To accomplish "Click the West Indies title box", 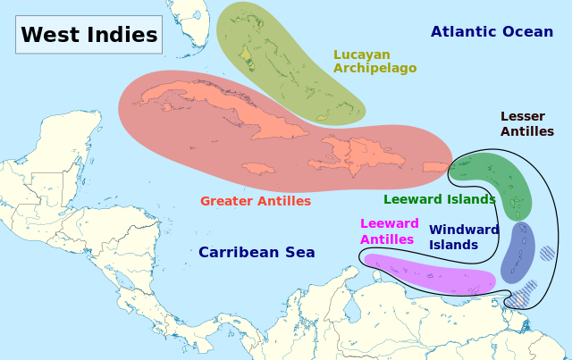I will pyautogui.click(x=88, y=35).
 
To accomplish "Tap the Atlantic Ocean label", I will pyautogui.click(x=492, y=32).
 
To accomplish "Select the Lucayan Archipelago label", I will pyautogui.click(x=374, y=61).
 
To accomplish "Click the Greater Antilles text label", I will pyautogui.click(x=256, y=201).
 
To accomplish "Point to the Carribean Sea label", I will pyautogui.click(x=257, y=252).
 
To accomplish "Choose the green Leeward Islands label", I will pyautogui.click(x=439, y=199).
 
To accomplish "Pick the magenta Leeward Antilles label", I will pyautogui.click(x=389, y=231).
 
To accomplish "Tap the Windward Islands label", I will pyautogui.click(x=463, y=237).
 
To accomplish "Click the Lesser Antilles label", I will pyautogui.click(x=526, y=124).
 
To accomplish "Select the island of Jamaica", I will pyautogui.click(x=258, y=168).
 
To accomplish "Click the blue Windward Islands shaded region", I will pyautogui.click(x=517, y=252).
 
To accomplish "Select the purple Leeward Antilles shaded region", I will pyautogui.click(x=429, y=274).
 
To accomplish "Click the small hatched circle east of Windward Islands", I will pyautogui.click(x=547, y=253).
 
